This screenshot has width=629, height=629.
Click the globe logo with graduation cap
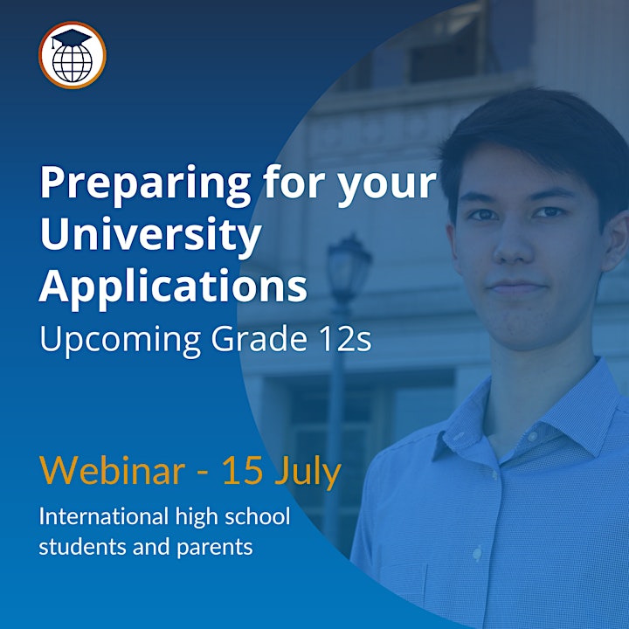73,55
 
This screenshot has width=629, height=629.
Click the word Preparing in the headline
145,183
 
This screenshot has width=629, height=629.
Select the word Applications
173,287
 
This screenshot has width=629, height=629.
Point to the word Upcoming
120,340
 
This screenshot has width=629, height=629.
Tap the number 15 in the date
242,471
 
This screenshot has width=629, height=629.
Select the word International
103,516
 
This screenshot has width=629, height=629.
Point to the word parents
215,548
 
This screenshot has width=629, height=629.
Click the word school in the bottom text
257,515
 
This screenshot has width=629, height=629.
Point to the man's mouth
516,287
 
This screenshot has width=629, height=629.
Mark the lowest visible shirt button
477,554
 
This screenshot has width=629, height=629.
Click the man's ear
617,241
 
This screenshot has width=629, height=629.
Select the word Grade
259,338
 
